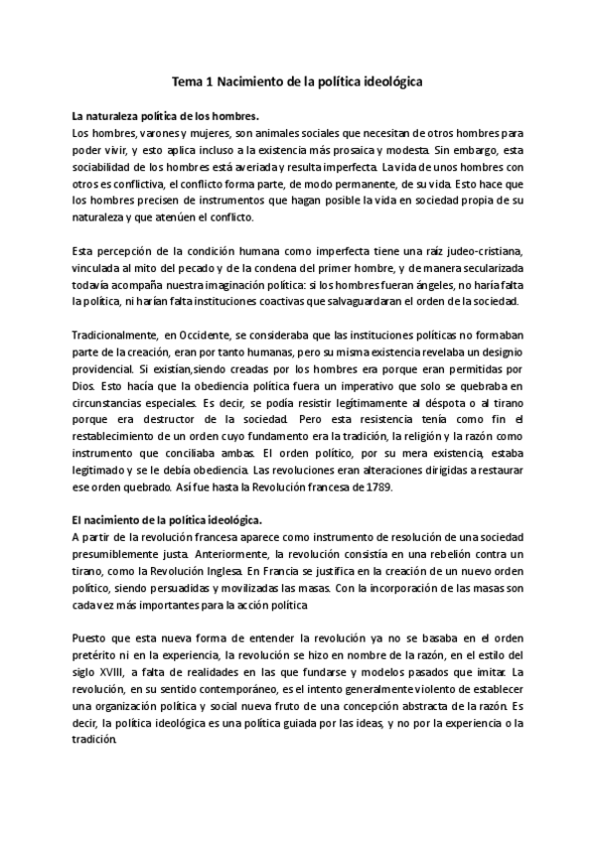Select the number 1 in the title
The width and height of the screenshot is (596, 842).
pyautogui.click(x=215, y=85)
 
